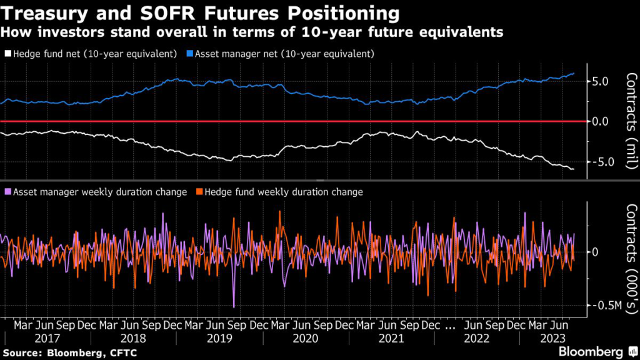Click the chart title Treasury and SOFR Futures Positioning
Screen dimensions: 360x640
200,12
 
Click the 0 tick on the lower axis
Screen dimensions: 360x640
595,252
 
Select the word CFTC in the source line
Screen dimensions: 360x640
124,354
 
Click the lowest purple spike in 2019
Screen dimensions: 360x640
234,307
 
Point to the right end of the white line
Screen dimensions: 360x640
574,169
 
